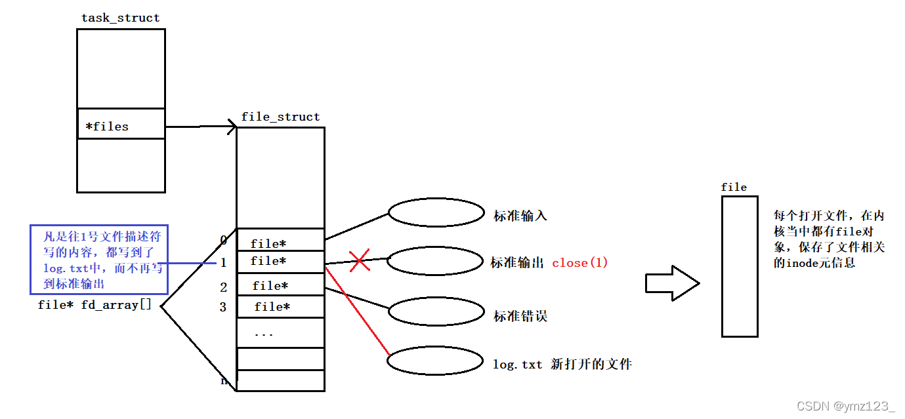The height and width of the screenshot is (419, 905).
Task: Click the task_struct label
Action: tap(120, 18)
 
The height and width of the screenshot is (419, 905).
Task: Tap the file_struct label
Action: tap(280, 117)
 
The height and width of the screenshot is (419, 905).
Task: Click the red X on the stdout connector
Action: tap(359, 260)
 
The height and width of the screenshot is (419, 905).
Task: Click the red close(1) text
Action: tap(580, 263)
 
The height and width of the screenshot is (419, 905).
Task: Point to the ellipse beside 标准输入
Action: tap(436, 213)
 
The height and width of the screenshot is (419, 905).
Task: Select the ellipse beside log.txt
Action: tap(436, 361)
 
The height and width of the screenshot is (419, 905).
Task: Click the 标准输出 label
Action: tap(518, 263)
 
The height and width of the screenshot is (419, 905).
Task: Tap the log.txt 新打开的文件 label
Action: tap(562, 364)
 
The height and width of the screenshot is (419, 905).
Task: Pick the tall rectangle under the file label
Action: tap(740, 266)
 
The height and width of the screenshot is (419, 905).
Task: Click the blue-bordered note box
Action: tap(98, 259)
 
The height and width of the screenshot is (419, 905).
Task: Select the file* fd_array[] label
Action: tap(95, 305)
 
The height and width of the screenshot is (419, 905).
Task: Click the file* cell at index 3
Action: tap(280, 306)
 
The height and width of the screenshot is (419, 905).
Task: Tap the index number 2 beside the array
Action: tap(224, 287)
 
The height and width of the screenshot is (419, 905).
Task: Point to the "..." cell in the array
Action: tap(280, 333)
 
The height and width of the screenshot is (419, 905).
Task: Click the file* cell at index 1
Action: tap(280, 261)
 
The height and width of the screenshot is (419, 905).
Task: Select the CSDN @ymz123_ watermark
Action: tap(845, 407)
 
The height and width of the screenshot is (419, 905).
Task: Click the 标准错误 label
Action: tap(520, 317)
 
